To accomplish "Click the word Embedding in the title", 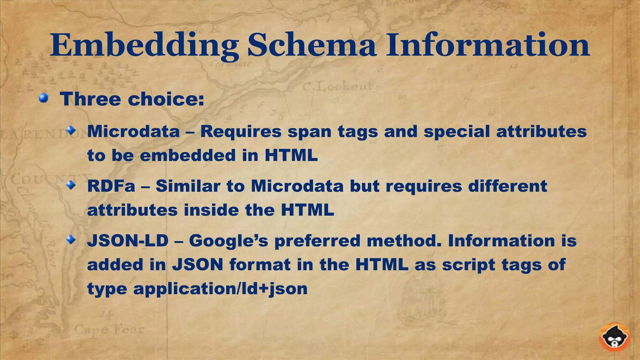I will [144, 46].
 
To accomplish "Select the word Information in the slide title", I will [488, 46].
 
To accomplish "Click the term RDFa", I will [111, 186].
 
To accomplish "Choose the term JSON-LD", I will [128, 241].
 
